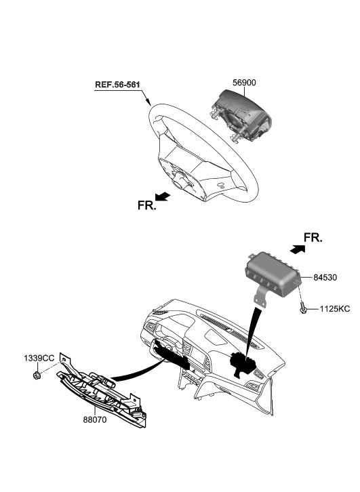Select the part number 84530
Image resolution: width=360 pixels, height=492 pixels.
pyautogui.click(x=328, y=278)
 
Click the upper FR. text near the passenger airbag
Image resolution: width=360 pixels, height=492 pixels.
pyautogui.click(x=313, y=238)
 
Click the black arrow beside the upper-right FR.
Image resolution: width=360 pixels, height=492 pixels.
pyautogui.click(x=297, y=249)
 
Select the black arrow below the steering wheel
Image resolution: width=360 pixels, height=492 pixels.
pyautogui.click(x=163, y=196)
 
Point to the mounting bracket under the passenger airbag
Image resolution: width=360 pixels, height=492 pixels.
pyautogui.click(x=260, y=298)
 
